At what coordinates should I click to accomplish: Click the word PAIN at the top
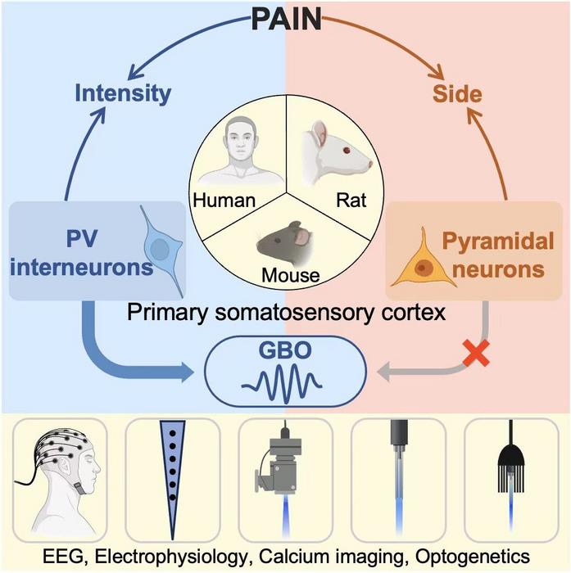coord(284,18)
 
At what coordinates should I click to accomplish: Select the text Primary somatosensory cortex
coord(284,311)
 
